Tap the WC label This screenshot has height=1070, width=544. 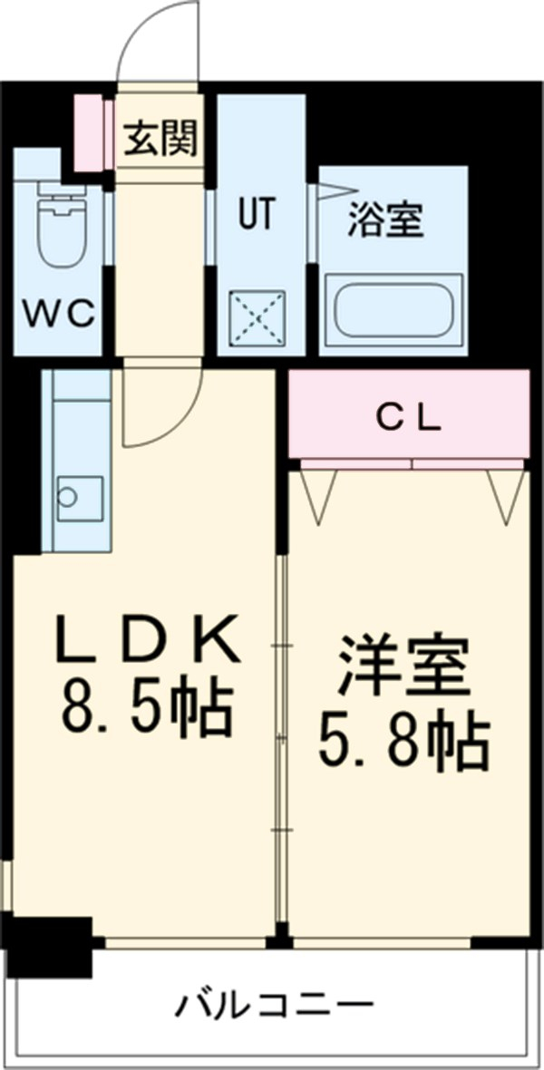click(x=60, y=313)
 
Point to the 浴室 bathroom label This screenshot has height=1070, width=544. click(x=386, y=219)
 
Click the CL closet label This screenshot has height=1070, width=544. click(x=409, y=418)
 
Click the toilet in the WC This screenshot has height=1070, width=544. click(x=59, y=226)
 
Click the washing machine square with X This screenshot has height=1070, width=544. click(x=257, y=318)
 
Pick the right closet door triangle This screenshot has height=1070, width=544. click(x=504, y=495)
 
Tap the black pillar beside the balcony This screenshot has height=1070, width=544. click(x=50, y=945)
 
